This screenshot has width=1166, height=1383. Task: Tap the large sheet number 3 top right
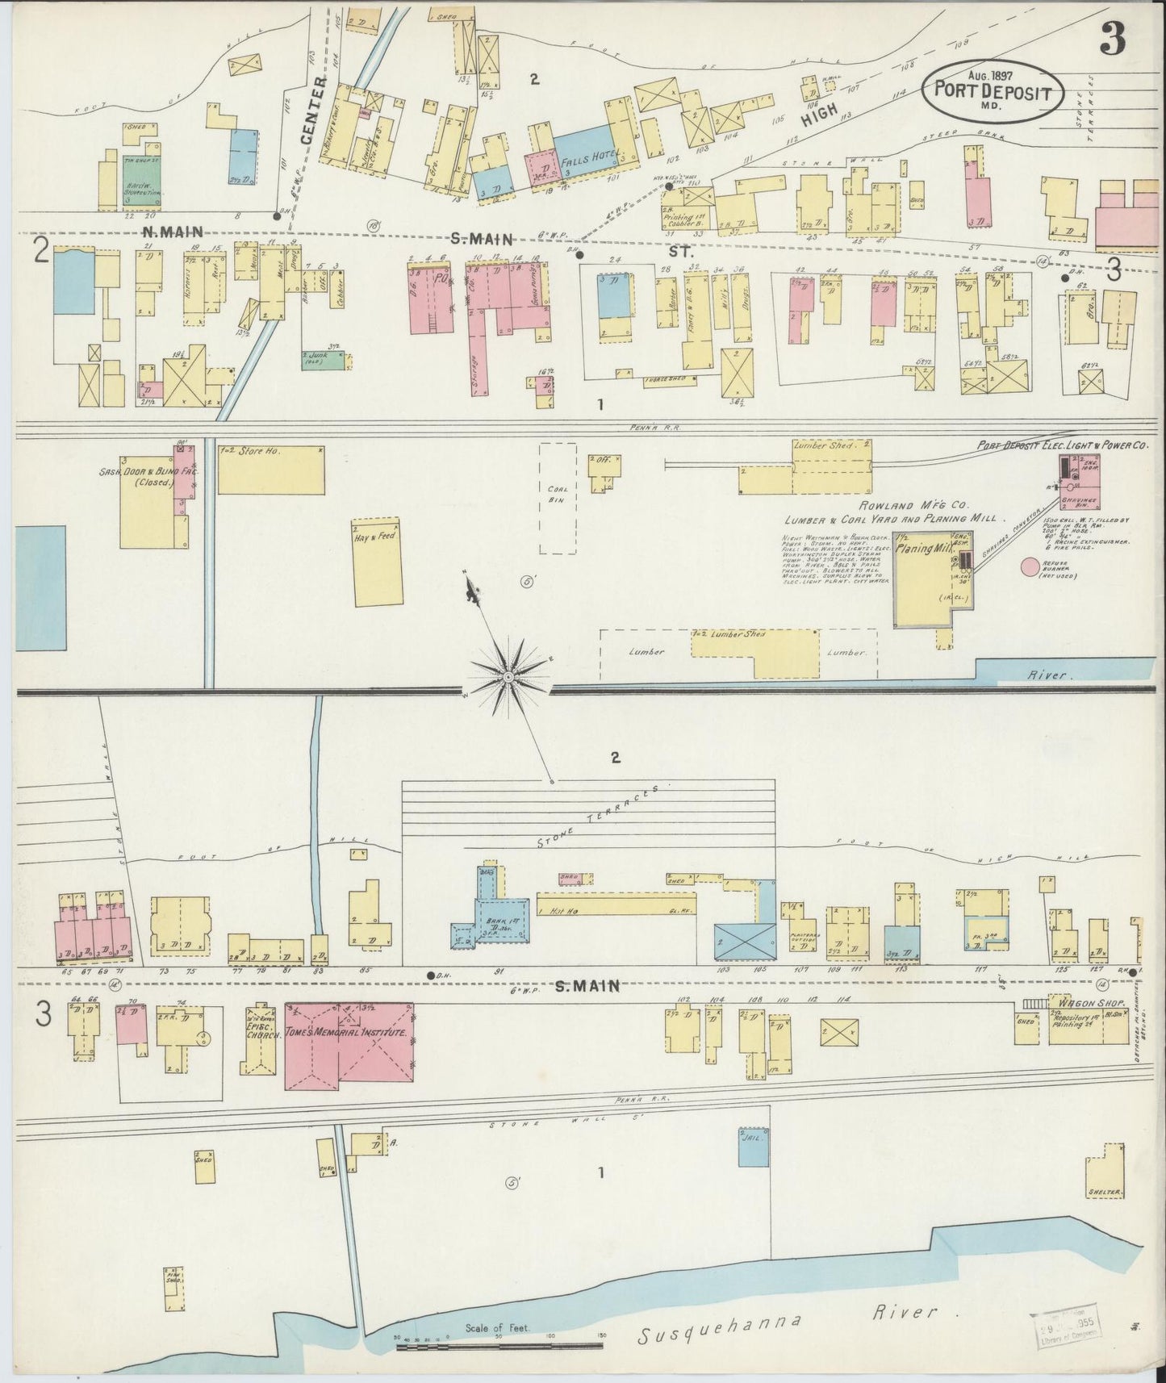click(x=1114, y=39)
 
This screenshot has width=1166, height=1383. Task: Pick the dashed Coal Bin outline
click(x=558, y=498)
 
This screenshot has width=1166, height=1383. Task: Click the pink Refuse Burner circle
click(x=1030, y=567)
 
